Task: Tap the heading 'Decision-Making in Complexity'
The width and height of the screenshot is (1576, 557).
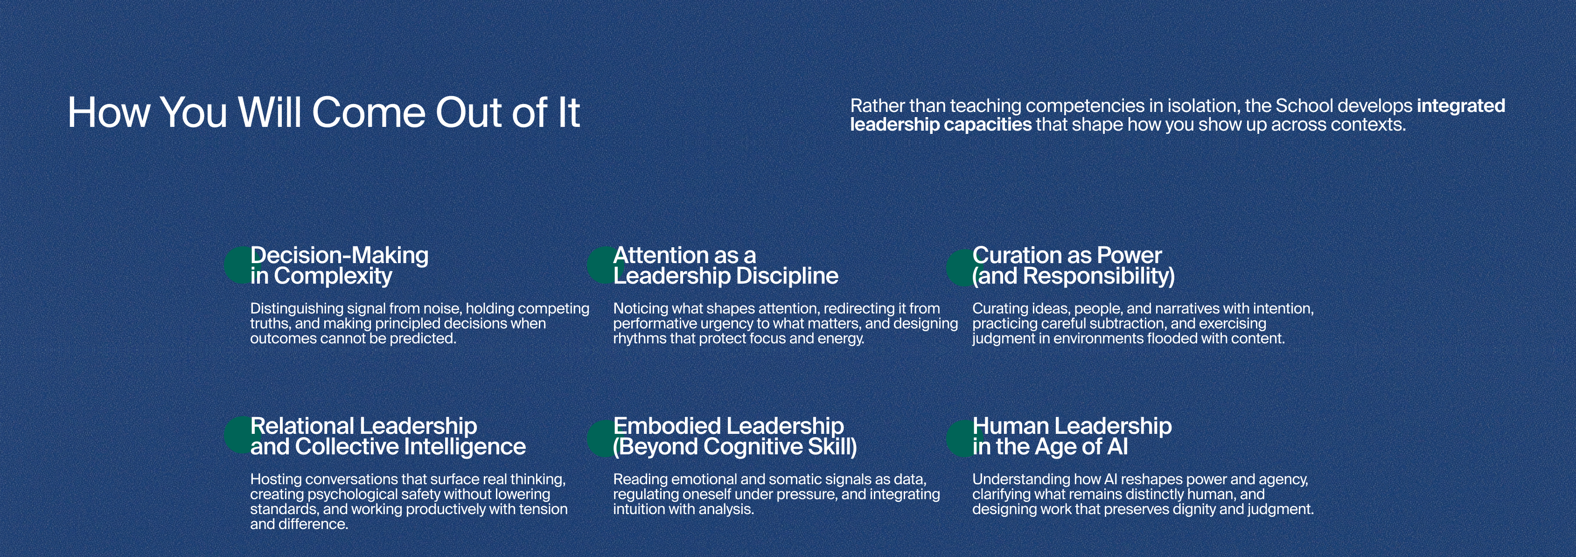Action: tap(340, 265)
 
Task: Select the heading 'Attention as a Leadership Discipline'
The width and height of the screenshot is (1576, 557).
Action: tap(725, 265)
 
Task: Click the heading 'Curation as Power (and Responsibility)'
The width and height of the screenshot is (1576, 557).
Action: tap(1074, 265)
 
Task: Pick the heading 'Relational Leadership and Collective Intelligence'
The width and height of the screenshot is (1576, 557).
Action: tap(388, 436)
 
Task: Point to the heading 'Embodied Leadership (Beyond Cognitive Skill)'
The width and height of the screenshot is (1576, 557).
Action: tap(735, 436)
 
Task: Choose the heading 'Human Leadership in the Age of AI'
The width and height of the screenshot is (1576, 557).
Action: tap(1072, 436)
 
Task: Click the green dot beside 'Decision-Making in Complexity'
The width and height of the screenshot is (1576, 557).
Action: tap(237, 265)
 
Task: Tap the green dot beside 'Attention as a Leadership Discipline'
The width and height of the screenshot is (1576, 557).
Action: tap(600, 265)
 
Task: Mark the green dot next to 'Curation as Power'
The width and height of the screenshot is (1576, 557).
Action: tap(959, 266)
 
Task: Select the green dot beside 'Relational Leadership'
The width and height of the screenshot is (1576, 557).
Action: tap(237, 435)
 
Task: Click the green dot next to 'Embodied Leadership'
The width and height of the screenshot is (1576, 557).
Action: tap(600, 438)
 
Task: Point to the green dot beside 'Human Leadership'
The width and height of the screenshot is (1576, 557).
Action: tap(959, 438)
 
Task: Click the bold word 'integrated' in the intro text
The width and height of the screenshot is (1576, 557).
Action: tap(1461, 106)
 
